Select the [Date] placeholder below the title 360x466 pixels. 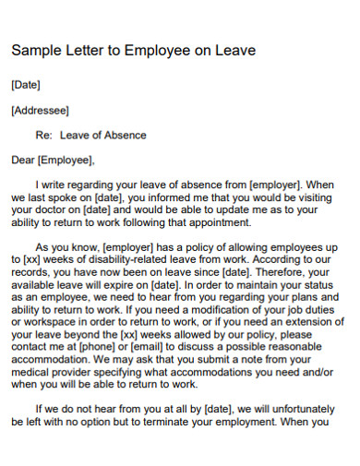tap(25, 85)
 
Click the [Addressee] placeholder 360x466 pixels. tap(40, 111)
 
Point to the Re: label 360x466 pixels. tap(44, 136)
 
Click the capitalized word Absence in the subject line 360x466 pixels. tap(124, 136)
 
